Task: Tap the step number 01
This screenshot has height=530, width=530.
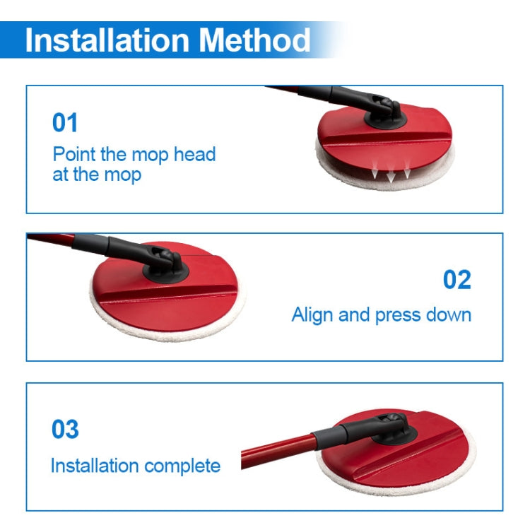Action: [x=65, y=123]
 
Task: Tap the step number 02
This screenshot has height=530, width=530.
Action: [x=457, y=280]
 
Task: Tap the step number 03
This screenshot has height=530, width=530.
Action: [x=65, y=429]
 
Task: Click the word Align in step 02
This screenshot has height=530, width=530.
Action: [x=313, y=314]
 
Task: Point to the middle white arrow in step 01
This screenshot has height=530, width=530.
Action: [x=390, y=175]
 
